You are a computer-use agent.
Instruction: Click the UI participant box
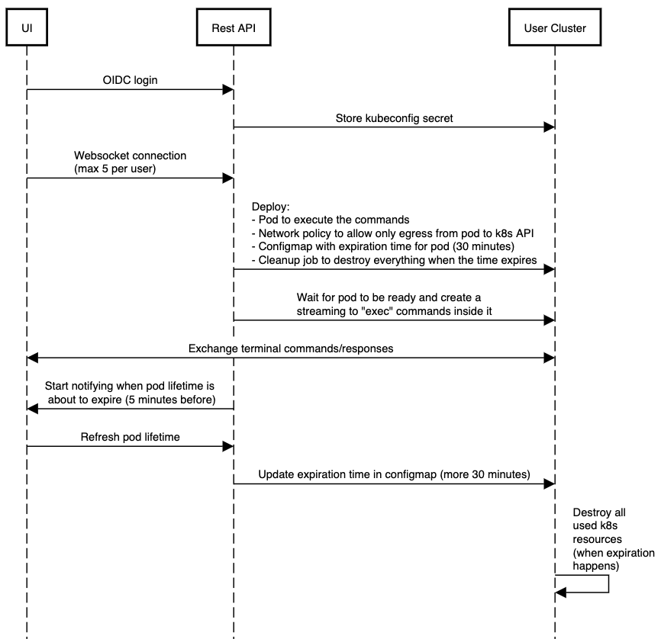pos(27,28)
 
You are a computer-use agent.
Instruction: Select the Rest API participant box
pos(233,28)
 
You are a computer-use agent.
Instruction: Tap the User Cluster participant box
pos(555,28)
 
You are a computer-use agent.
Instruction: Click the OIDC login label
pos(131,79)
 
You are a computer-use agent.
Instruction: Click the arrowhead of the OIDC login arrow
pos(227,90)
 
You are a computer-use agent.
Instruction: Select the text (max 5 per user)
pos(115,169)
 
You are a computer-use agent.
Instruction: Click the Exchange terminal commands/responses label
pos(290,348)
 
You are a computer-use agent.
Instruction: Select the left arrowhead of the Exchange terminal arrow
pos(32,358)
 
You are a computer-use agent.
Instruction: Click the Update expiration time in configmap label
pos(394,474)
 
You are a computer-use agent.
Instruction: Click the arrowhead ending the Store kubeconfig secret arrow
pos(549,127)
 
